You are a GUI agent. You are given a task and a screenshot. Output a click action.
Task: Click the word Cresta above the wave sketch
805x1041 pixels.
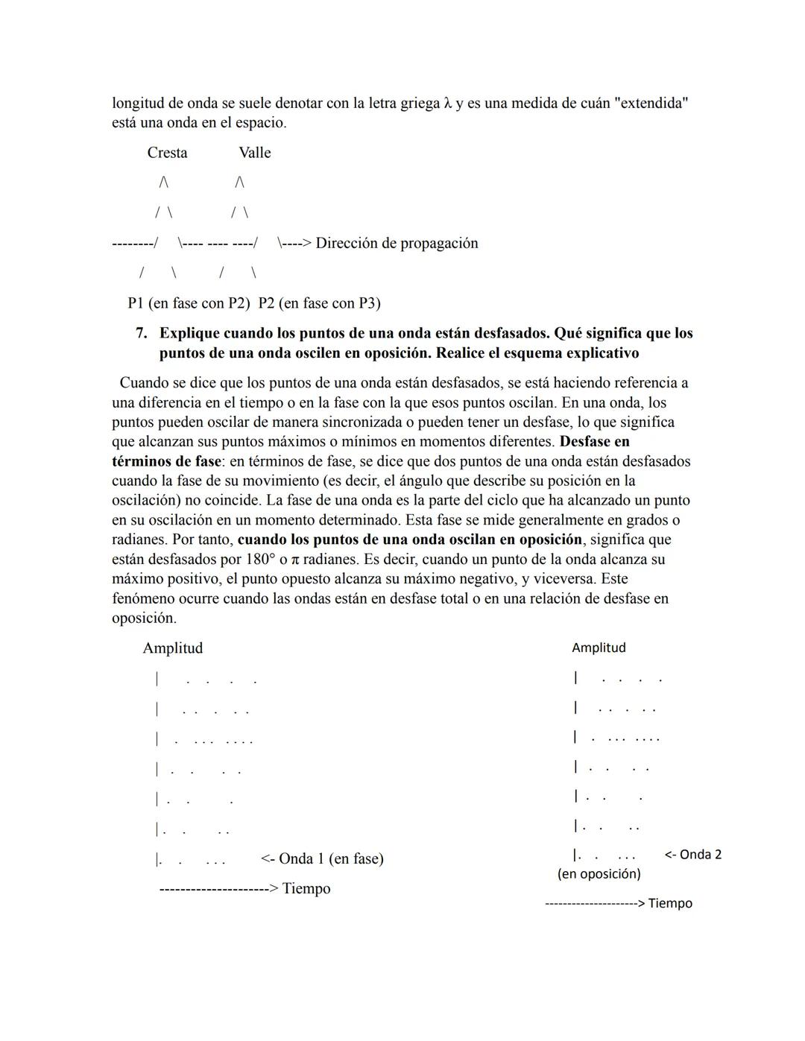(167, 153)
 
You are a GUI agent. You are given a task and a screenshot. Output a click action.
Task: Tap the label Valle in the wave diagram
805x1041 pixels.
(254, 153)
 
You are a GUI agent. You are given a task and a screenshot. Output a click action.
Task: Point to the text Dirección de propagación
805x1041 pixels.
(397, 243)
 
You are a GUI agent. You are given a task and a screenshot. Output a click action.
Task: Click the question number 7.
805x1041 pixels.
(141, 333)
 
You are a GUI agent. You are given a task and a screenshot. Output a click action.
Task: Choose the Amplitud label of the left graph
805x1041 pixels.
(172, 648)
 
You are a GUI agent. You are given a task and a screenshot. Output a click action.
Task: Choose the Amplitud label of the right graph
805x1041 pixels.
(599, 648)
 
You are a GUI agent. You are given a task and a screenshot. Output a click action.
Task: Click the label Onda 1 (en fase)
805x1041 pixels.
(331, 858)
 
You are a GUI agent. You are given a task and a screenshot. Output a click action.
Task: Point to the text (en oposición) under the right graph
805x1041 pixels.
(599, 874)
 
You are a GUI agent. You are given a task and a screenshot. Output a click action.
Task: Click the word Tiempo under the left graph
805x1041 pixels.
(306, 889)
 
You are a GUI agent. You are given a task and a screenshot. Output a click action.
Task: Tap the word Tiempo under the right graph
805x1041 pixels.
(670, 904)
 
